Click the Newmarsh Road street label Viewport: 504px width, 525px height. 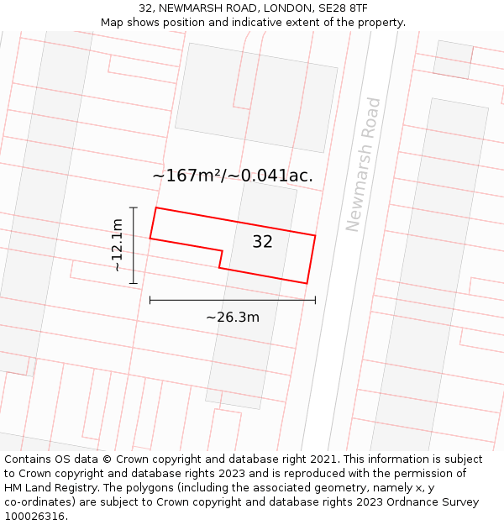pyautogui.click(x=364, y=165)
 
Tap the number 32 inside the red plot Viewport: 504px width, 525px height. pyautogui.click(x=262, y=242)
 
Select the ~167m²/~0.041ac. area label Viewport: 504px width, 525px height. pyautogui.click(x=233, y=176)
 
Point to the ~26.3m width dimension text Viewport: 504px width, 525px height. pyautogui.click(x=233, y=317)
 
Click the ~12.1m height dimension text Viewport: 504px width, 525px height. pyautogui.click(x=118, y=244)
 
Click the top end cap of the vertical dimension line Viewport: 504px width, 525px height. pyautogui.click(x=134, y=207)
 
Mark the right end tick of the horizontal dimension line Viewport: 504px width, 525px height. pyautogui.click(x=315, y=299)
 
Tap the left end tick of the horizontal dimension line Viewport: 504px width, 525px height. pyautogui.click(x=150, y=299)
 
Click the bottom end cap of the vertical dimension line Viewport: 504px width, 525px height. pyautogui.click(x=134, y=284)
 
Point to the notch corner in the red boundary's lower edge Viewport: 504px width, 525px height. pyautogui.click(x=223, y=250)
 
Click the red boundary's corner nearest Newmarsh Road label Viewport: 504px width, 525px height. pyautogui.click(x=315, y=235)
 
